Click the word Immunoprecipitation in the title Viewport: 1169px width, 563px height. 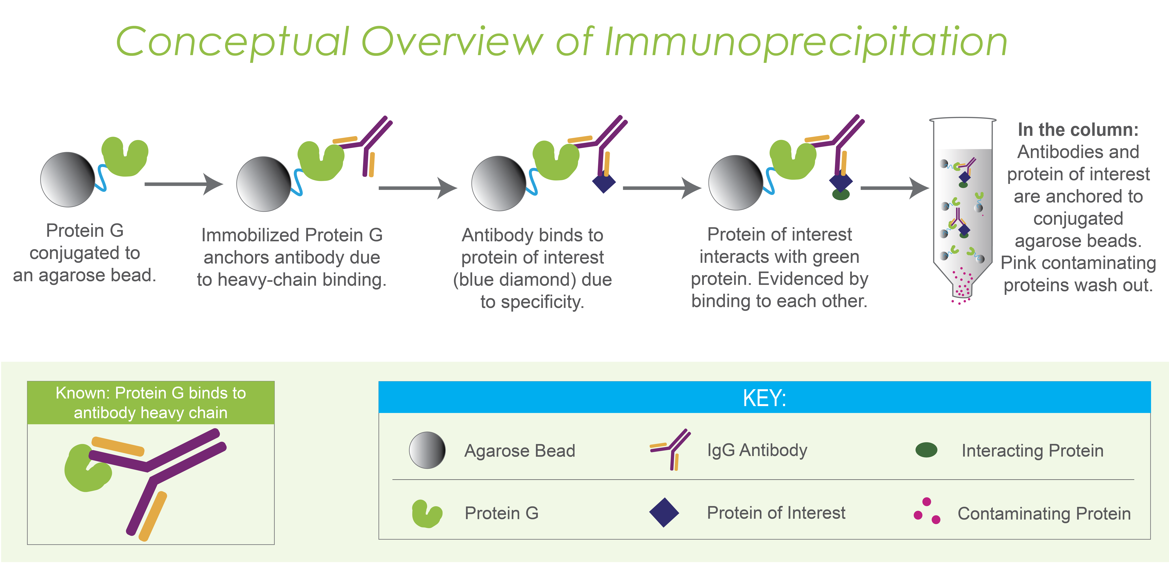coord(805,43)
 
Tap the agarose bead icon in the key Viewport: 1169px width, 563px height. coord(427,450)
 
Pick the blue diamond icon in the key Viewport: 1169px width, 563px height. coord(664,513)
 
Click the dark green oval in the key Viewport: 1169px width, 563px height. coord(926,450)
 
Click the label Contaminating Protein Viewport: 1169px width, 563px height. coord(1044,514)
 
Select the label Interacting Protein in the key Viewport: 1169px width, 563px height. coord(1032,450)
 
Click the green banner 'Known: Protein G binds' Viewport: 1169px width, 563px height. coord(151,403)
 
